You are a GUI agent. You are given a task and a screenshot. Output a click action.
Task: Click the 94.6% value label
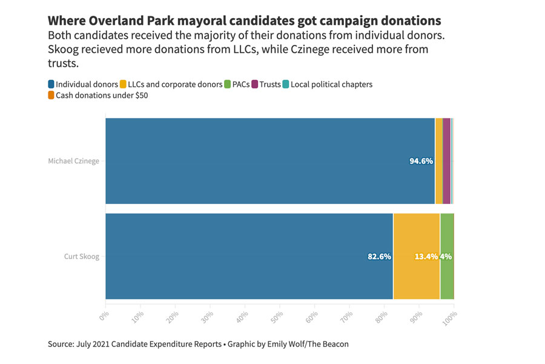pyautogui.click(x=421, y=161)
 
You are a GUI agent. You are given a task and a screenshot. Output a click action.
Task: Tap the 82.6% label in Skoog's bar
pyautogui.click(x=379, y=257)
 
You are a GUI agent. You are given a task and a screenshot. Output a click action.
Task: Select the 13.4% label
pyautogui.click(x=426, y=257)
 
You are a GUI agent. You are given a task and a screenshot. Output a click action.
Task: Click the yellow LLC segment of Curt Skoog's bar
pyautogui.click(x=417, y=279)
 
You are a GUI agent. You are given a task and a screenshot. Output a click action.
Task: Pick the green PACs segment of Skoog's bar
pyautogui.click(x=447, y=279)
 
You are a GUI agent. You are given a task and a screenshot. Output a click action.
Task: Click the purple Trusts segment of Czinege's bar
pyautogui.click(x=446, y=161)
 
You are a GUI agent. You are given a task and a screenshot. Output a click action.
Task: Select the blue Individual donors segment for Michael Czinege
pyautogui.click(x=266, y=161)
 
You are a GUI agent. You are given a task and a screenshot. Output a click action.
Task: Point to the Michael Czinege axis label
pyautogui.click(x=73, y=161)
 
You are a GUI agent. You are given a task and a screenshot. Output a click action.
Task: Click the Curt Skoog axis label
pyautogui.click(x=81, y=257)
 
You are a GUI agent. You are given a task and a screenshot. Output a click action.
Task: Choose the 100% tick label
pyautogui.click(x=450, y=318)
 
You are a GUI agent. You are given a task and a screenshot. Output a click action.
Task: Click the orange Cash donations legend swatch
pyautogui.click(x=51, y=95)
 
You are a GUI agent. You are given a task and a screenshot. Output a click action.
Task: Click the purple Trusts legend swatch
pyautogui.click(x=255, y=84)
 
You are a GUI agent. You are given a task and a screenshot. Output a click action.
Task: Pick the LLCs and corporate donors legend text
pyautogui.click(x=175, y=84)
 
